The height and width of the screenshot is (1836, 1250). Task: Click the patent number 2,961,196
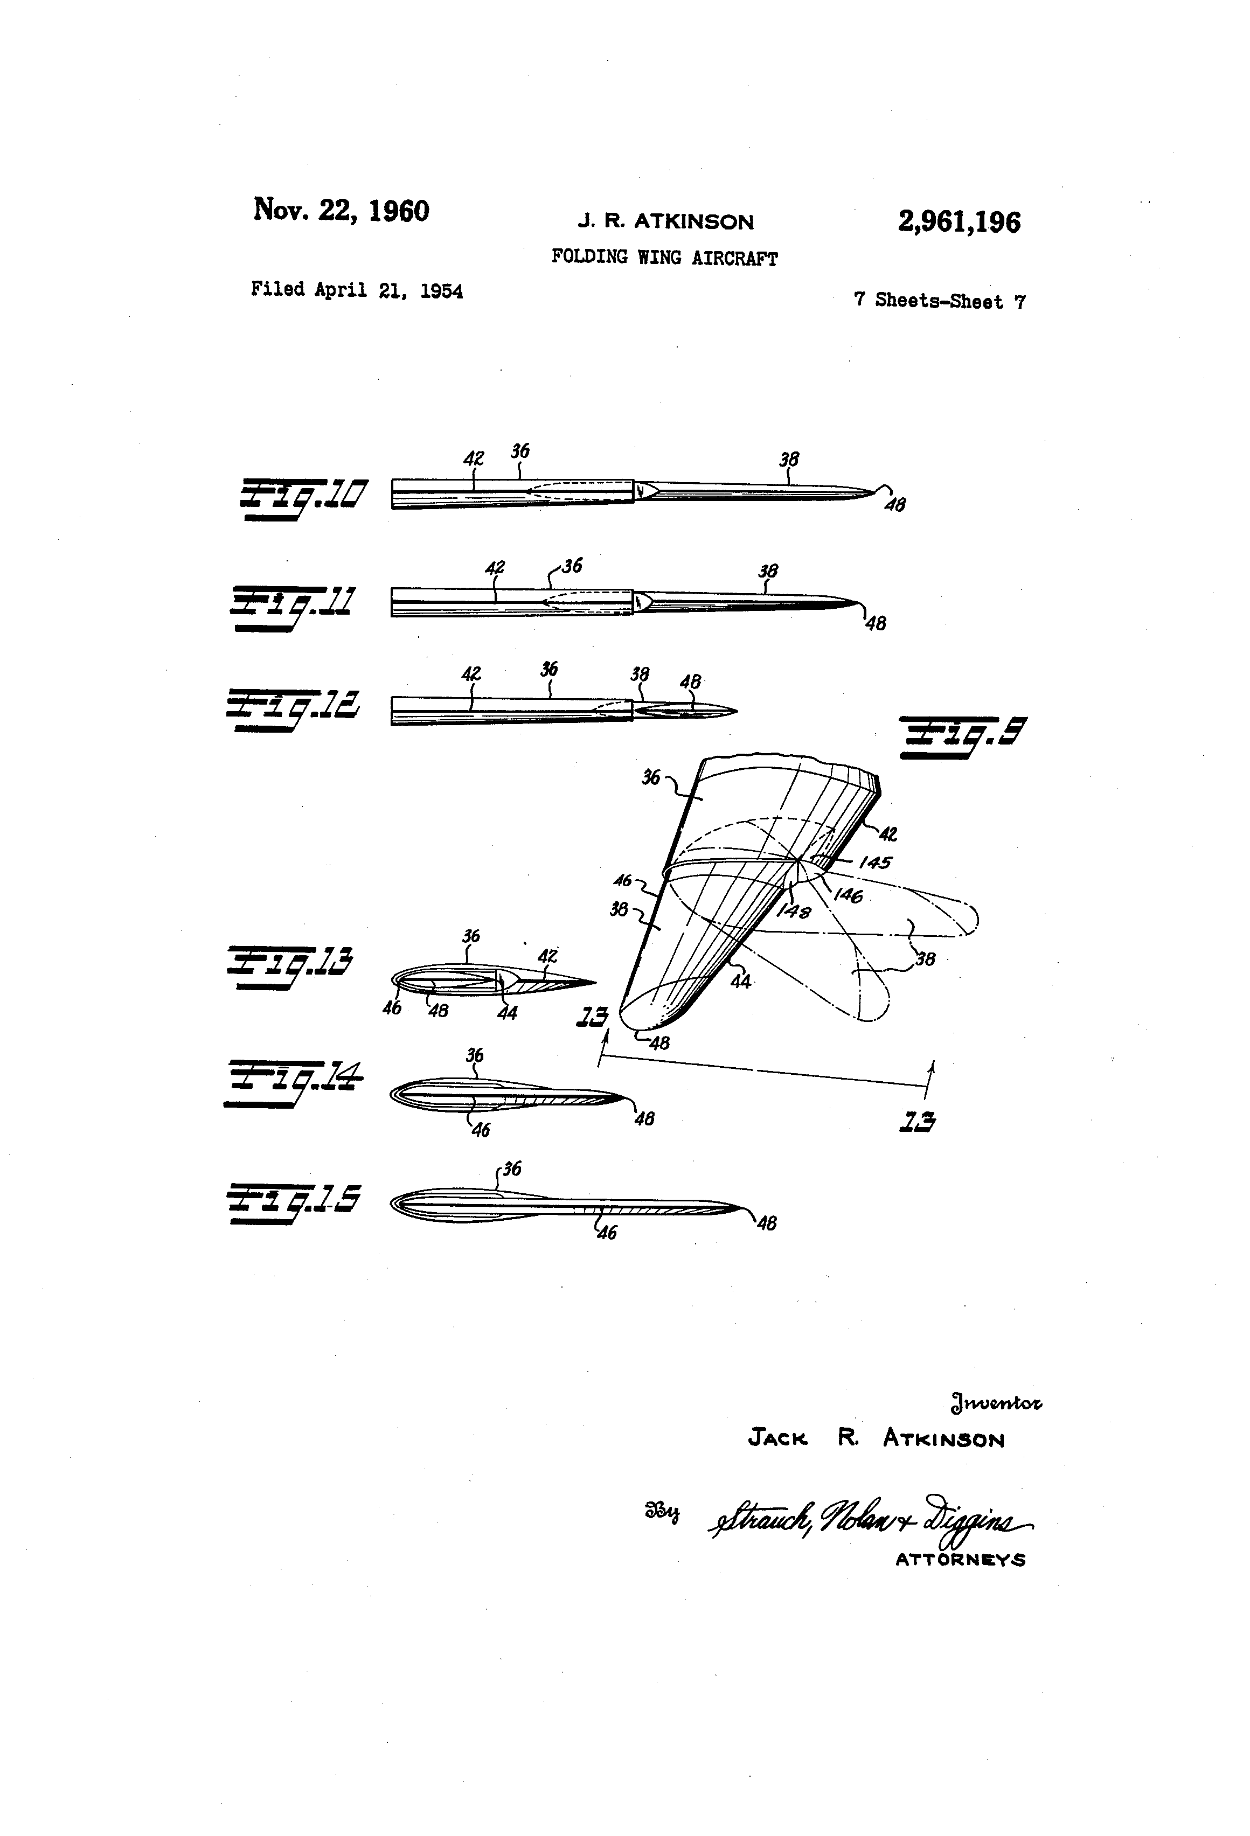[959, 222]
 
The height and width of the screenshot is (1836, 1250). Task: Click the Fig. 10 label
[303, 498]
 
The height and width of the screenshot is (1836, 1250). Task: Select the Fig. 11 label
[293, 607]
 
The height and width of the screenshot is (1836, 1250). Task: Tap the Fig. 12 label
[293, 708]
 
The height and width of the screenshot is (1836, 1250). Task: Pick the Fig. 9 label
[962, 736]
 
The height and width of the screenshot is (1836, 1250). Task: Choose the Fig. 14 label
[293, 1082]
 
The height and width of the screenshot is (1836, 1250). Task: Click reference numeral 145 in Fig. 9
[874, 863]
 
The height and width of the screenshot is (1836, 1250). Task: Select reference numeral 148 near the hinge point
[793, 911]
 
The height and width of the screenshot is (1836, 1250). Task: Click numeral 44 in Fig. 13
[506, 1013]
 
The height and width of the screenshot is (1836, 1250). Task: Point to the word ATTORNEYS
[960, 1560]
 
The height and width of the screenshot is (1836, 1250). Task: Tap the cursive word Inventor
[996, 1403]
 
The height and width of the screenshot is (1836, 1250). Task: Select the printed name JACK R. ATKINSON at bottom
[876, 1438]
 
